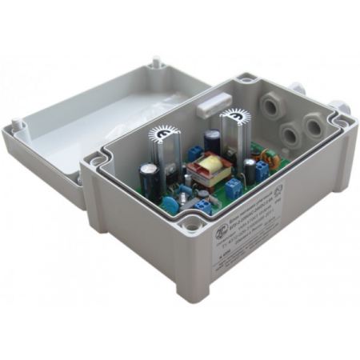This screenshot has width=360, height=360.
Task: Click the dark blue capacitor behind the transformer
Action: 213,141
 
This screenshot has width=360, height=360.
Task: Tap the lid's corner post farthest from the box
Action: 157,60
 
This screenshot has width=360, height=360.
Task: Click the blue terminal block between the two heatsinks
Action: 194,150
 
